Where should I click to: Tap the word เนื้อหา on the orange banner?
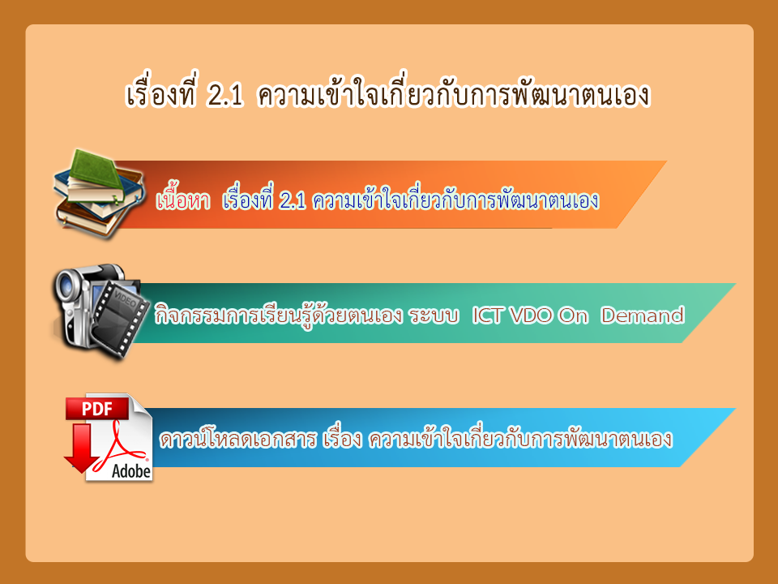(x=183, y=200)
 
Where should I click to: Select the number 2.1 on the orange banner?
(x=293, y=200)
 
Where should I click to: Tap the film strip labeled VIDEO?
(x=120, y=317)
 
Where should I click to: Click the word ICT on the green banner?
(x=487, y=315)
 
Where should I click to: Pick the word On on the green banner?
(x=573, y=315)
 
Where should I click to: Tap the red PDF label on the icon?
(x=97, y=409)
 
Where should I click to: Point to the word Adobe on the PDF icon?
(x=131, y=470)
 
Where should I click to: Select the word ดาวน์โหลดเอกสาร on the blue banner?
(x=237, y=438)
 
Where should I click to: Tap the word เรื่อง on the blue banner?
(x=342, y=438)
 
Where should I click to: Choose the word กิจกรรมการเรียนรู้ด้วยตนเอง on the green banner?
(x=278, y=315)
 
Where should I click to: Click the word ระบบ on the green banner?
(x=434, y=316)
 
